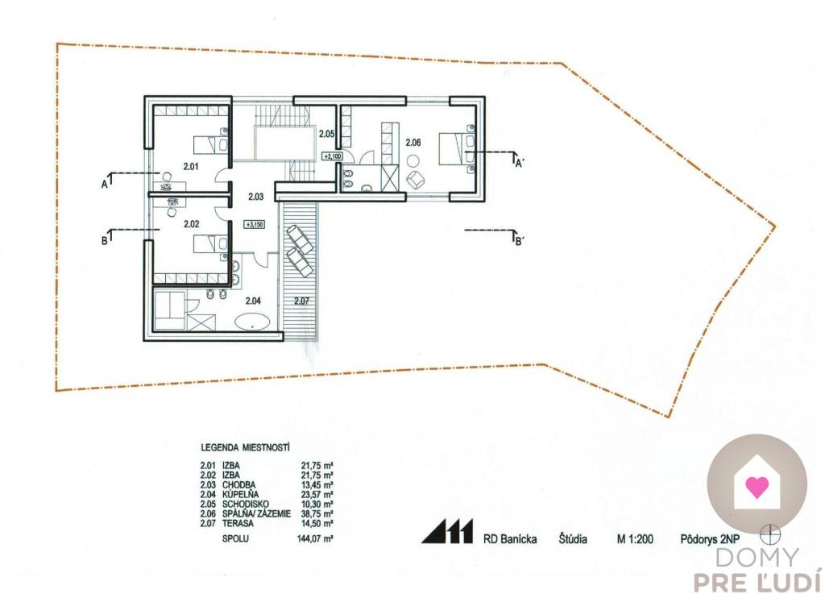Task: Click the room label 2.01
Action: tap(190, 167)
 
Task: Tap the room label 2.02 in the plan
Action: tap(192, 223)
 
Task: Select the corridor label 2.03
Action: tap(255, 197)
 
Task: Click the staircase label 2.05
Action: tap(327, 134)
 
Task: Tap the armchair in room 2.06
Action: tap(416, 180)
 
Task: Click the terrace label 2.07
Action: tap(301, 301)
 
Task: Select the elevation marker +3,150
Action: tap(254, 224)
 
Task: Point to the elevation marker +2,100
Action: tap(333, 156)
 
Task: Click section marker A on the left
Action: tap(105, 184)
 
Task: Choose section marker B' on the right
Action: tap(518, 242)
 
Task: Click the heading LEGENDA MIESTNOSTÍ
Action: tap(245, 448)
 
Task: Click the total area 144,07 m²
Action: tap(315, 538)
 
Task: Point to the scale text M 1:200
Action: tap(635, 538)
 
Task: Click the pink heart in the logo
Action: tap(757, 487)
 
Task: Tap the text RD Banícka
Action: tap(510, 538)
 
